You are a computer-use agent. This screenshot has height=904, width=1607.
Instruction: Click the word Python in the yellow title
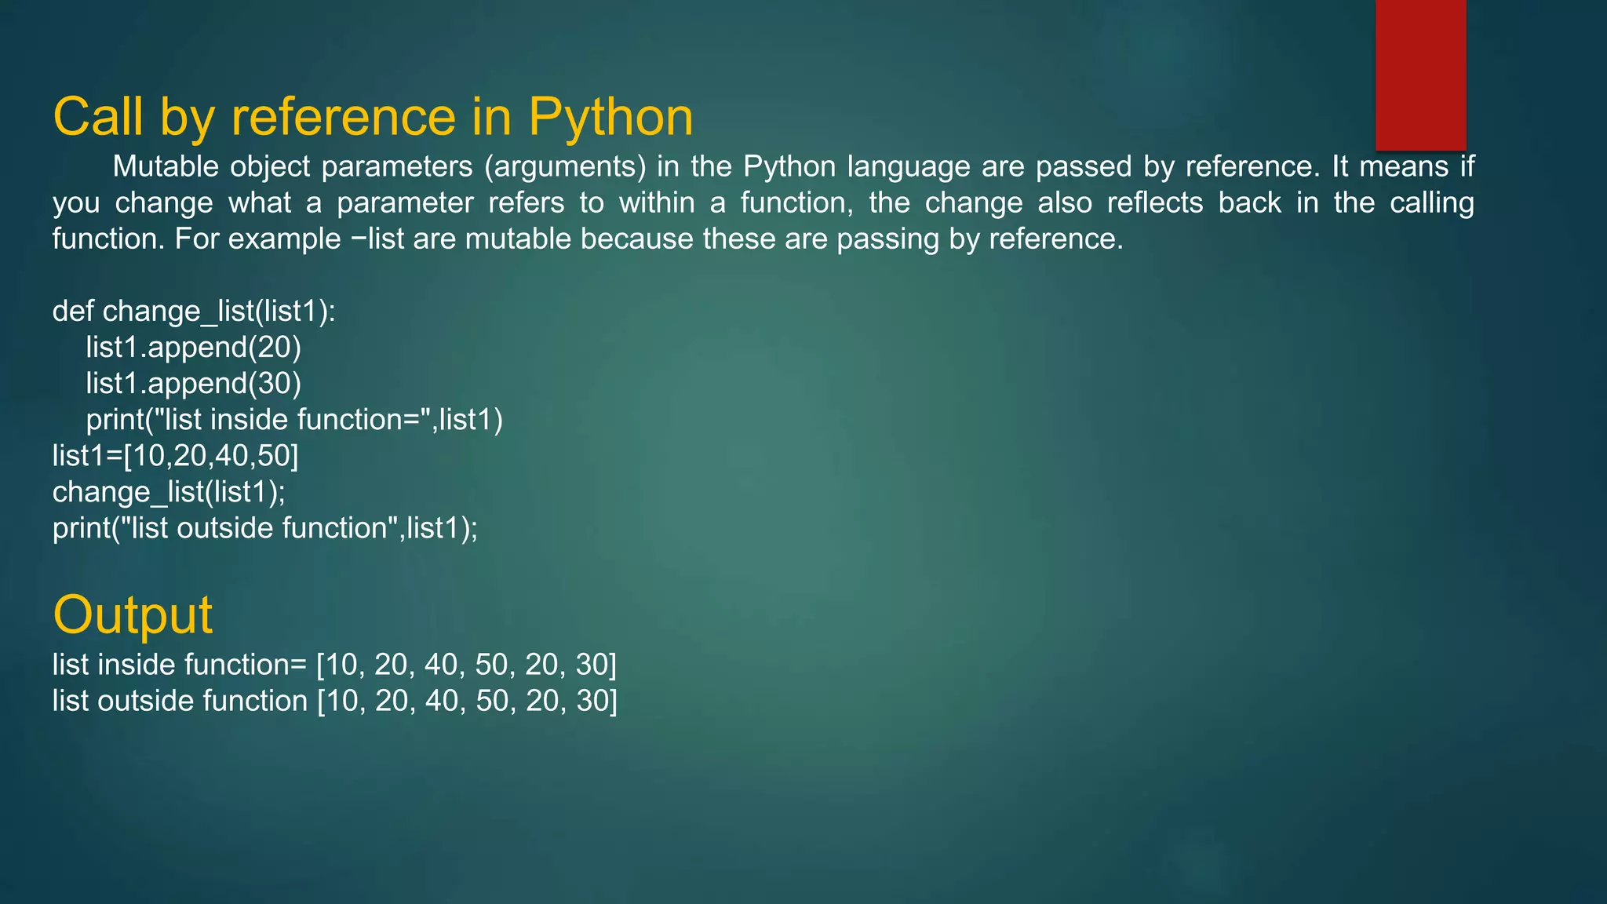coord(610,118)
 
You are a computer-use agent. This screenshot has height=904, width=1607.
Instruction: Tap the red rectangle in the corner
coord(1420,75)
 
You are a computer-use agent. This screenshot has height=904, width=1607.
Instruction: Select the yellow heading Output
coord(133,614)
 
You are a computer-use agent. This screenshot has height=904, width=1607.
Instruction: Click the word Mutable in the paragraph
coord(165,166)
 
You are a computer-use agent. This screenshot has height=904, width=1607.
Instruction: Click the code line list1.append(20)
coord(193,347)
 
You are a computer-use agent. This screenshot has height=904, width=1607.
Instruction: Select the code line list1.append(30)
coord(193,383)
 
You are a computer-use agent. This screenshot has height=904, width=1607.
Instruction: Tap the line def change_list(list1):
coord(194,312)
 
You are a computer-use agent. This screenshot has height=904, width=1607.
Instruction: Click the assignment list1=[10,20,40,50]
coord(176,456)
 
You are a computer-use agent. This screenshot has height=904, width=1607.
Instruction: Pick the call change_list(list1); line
coord(169,492)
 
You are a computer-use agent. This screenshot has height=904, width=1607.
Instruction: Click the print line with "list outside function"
coord(265,528)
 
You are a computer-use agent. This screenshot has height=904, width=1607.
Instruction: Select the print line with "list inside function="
coord(294,420)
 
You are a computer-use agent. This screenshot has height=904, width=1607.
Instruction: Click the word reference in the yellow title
coord(343,118)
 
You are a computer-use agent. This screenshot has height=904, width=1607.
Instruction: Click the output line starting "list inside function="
coord(334,665)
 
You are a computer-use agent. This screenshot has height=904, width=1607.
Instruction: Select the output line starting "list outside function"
coord(334,701)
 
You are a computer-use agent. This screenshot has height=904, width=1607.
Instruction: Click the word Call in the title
coord(98,118)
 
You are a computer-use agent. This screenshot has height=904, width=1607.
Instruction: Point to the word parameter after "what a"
coord(405,203)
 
